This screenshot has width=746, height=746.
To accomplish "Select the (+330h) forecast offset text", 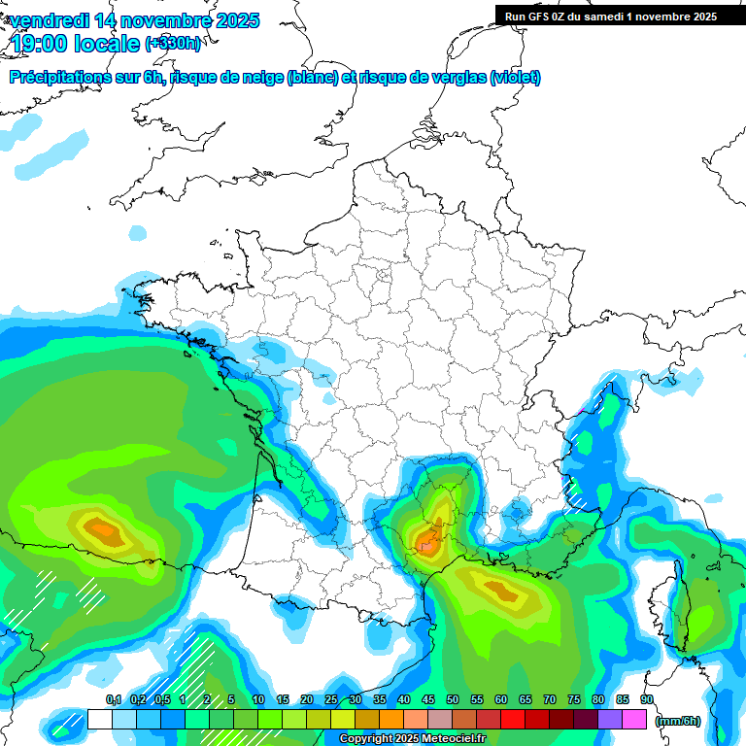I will (x=173, y=43).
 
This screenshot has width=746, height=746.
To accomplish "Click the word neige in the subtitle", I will (x=260, y=78).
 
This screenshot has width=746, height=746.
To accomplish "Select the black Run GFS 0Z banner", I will (x=620, y=16).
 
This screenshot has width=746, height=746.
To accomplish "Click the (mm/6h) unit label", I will (x=678, y=721).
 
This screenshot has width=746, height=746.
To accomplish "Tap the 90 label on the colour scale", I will (x=646, y=700).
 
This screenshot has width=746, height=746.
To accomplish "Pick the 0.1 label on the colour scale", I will (x=113, y=700).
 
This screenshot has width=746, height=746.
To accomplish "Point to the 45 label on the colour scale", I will (x=428, y=700).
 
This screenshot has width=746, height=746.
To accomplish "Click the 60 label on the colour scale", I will (x=501, y=700).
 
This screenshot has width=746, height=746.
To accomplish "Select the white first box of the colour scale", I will (x=99, y=720).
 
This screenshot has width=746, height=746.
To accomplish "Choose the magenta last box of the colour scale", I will (x=633, y=720).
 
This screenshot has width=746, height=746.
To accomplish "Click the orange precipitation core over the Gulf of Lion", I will (x=500, y=589).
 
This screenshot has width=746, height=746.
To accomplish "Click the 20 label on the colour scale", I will (x=307, y=700).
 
